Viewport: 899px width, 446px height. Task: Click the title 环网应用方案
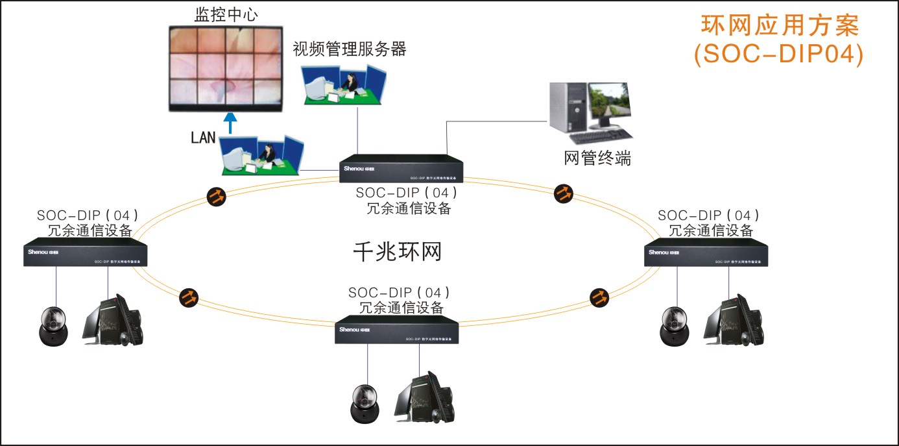(x=780, y=25)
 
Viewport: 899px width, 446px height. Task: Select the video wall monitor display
(x=225, y=67)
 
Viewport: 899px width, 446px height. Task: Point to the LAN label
(x=203, y=138)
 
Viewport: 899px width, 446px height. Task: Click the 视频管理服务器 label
(x=349, y=49)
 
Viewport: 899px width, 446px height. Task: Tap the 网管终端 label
(x=597, y=158)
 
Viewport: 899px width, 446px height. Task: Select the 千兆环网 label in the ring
(x=397, y=251)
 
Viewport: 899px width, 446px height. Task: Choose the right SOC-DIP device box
(x=706, y=253)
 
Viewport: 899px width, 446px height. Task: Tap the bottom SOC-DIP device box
(x=397, y=330)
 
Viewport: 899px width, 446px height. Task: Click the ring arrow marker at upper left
(x=217, y=196)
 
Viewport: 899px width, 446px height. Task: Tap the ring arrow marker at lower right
(x=599, y=297)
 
